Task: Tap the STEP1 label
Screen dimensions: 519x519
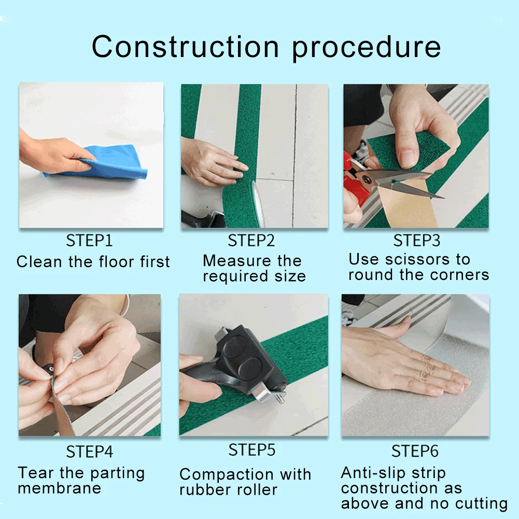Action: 89,241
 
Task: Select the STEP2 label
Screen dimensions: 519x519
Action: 251,241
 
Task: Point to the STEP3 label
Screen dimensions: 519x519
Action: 417,241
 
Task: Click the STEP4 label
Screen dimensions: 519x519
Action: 89,452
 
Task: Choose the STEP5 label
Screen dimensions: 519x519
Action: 252,450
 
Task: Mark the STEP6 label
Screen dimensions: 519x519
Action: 415,451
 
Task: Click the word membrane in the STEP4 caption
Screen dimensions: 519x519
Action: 59,488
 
